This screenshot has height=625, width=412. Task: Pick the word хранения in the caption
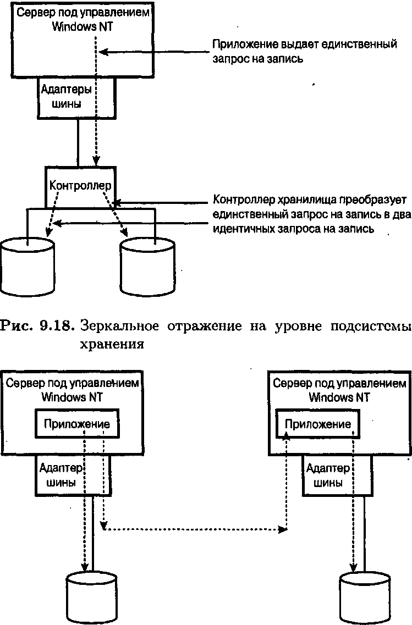click(x=112, y=345)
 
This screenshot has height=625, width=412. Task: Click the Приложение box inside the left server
click(x=77, y=424)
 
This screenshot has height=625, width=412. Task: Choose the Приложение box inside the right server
click(x=317, y=424)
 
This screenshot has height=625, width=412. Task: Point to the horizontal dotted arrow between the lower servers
click(x=195, y=530)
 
